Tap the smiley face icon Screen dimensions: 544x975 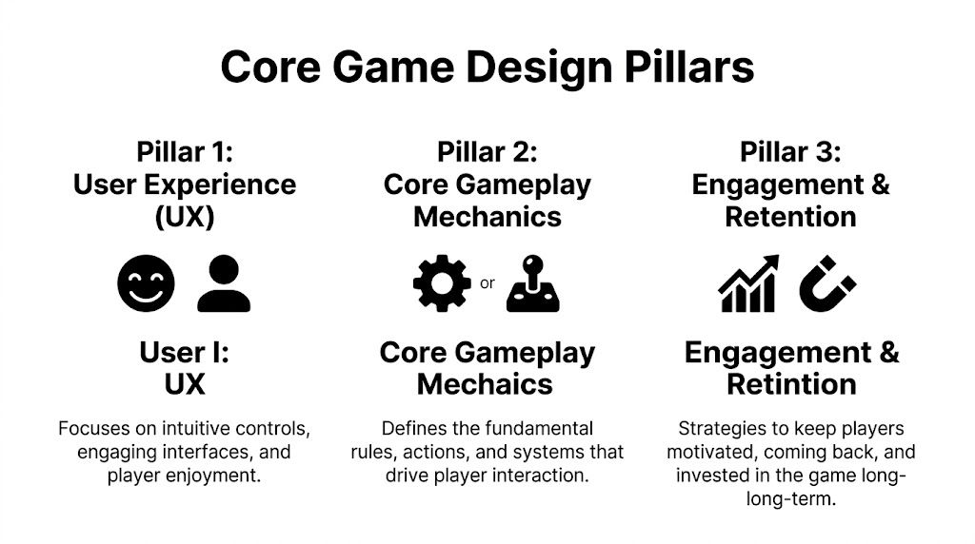click(x=147, y=283)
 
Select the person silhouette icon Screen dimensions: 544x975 click(x=224, y=283)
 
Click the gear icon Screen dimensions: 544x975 click(x=441, y=283)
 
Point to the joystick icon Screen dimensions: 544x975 click(x=532, y=283)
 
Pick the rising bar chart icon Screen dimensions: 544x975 click(x=748, y=283)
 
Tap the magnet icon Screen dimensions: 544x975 click(x=827, y=283)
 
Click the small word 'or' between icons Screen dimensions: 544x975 click(x=487, y=283)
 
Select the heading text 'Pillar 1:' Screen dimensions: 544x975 click(x=185, y=151)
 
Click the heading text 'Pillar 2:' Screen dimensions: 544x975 click(x=487, y=151)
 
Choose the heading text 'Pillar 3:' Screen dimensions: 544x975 click(x=790, y=151)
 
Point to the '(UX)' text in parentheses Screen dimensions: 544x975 click(x=185, y=217)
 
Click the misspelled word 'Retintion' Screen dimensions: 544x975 click(x=790, y=384)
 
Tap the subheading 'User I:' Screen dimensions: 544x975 click(x=185, y=352)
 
